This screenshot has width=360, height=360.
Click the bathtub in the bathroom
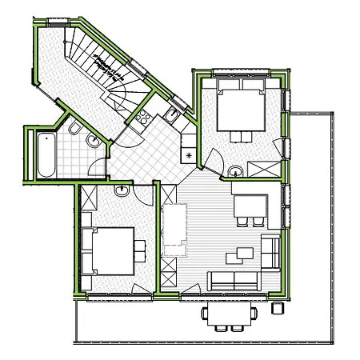tap(45, 155)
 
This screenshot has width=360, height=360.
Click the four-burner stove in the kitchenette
tap(143, 121)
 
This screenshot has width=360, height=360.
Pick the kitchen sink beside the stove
tap(170, 118)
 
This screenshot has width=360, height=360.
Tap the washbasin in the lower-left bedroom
tap(121, 192)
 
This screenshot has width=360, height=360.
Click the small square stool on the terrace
tap(278, 306)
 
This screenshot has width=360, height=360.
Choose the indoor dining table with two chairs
tap(249, 206)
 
